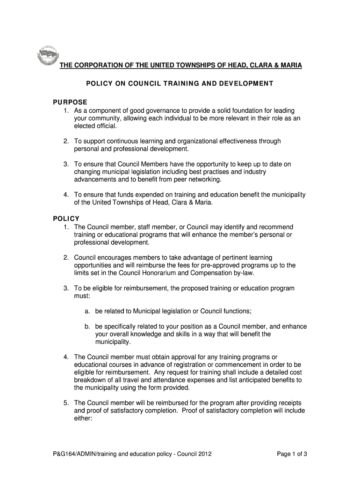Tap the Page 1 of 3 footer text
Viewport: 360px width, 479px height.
click(x=292, y=453)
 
